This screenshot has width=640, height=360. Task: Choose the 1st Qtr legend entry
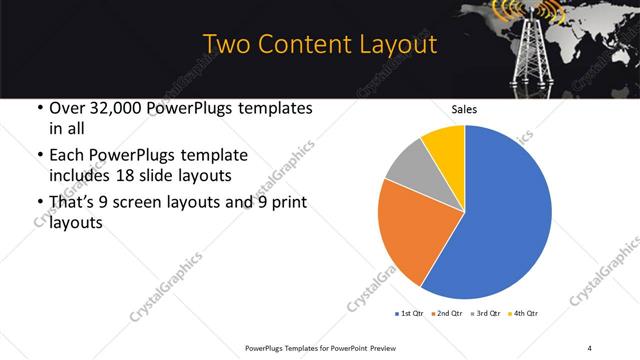[x=409, y=313]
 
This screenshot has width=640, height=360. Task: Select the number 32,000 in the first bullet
[x=111, y=108]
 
